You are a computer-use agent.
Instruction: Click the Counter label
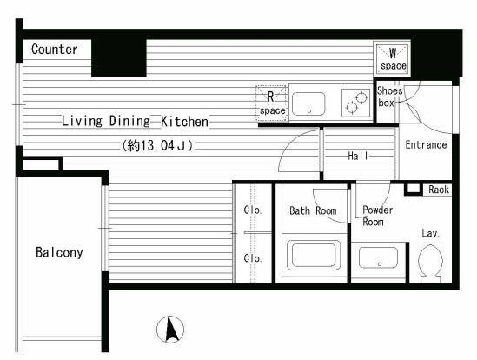coord(55,50)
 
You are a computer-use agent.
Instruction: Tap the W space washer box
coord(393,59)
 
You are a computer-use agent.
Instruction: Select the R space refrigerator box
coord(271,103)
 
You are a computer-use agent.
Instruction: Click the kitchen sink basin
coord(308,103)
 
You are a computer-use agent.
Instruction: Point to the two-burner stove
coord(355,103)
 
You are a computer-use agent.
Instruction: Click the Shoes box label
coord(389,97)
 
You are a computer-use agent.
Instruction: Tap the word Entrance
coord(426,144)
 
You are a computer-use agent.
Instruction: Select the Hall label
coord(358,156)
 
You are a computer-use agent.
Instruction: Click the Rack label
coord(439,190)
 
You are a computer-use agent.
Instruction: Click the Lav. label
coord(430,234)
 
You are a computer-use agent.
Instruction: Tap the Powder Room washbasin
coord(378,257)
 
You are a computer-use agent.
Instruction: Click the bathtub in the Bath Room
coord(314,256)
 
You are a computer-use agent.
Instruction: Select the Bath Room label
coord(313,210)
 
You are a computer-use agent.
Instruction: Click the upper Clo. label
coord(253,210)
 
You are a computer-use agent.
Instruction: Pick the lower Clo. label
coord(253,258)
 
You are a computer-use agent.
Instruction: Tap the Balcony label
coord(59,252)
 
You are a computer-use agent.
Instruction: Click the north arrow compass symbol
coord(170,330)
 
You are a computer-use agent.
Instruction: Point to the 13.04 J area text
coord(157,145)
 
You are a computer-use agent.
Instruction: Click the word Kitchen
coord(184,122)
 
